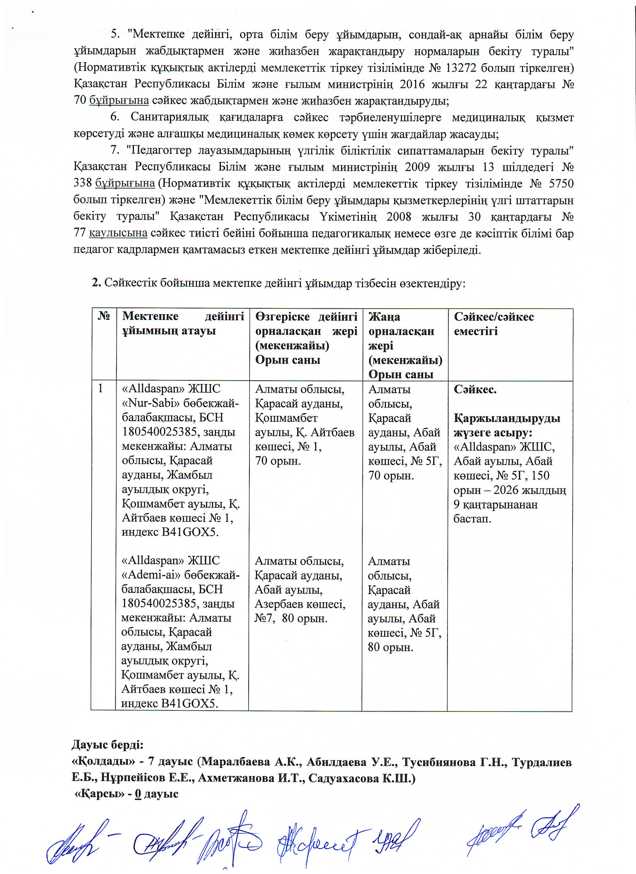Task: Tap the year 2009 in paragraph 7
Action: [x=418, y=167]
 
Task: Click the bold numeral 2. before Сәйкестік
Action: [x=96, y=283]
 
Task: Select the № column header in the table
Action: [x=104, y=316]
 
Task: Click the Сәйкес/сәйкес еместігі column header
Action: [x=494, y=324]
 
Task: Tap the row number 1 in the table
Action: [x=101, y=388]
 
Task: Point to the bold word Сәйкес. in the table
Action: [x=475, y=389]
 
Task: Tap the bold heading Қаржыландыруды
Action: [x=507, y=418]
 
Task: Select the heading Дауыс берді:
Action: [x=107, y=745]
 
